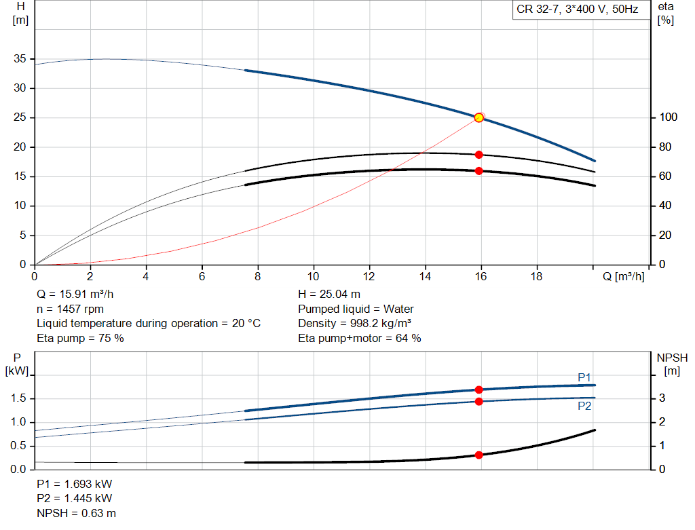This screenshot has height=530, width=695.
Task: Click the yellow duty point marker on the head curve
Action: (478, 117)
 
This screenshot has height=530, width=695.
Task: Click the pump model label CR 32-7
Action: (538, 10)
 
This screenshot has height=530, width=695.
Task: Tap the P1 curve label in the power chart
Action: (584, 377)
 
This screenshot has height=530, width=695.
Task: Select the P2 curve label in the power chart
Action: (584, 406)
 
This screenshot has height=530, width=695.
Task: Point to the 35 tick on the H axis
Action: (20, 58)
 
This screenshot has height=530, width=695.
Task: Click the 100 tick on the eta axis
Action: (668, 117)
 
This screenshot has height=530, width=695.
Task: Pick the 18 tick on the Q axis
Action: (536, 276)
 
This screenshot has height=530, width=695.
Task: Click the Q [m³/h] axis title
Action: (624, 276)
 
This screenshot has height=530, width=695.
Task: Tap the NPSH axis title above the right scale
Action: (672, 364)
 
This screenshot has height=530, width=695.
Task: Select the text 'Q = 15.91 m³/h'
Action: (75, 294)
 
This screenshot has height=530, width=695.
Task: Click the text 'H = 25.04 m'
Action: (329, 294)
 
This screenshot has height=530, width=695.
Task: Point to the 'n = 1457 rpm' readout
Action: (70, 309)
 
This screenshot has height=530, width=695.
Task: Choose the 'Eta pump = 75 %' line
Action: (80, 338)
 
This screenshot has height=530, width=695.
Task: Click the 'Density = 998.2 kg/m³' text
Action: (354, 324)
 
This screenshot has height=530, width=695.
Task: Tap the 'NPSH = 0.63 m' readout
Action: (76, 513)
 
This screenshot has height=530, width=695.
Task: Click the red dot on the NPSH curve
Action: (478, 455)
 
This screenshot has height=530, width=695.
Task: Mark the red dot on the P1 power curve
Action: (478, 390)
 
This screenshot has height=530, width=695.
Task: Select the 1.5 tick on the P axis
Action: (18, 398)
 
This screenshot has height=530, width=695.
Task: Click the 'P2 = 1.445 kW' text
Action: (75, 498)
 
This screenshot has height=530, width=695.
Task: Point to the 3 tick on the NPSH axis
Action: (662, 398)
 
